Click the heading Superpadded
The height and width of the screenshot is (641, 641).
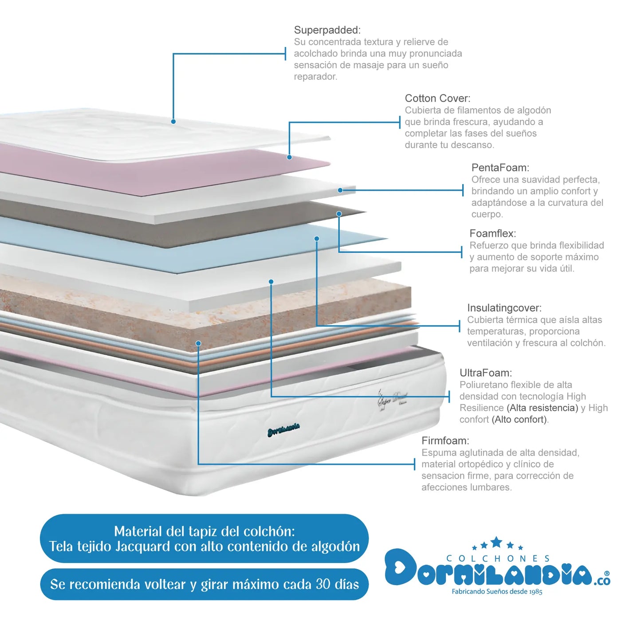(x=327, y=30)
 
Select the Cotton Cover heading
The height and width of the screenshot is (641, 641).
(x=437, y=98)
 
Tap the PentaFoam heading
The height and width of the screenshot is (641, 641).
(x=500, y=167)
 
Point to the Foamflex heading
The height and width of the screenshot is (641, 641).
(x=493, y=233)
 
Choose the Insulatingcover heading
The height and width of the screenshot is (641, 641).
(x=504, y=308)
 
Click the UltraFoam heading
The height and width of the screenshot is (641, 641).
(x=486, y=373)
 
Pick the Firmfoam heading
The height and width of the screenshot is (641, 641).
(x=445, y=441)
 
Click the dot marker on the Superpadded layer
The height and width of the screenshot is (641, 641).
(x=173, y=122)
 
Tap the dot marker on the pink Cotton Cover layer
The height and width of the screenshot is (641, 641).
(x=289, y=157)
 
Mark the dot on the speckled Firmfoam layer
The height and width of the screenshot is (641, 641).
(x=199, y=343)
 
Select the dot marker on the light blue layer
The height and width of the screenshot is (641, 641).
(x=317, y=239)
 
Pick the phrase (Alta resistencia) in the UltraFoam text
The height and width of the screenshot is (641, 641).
(x=543, y=408)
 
